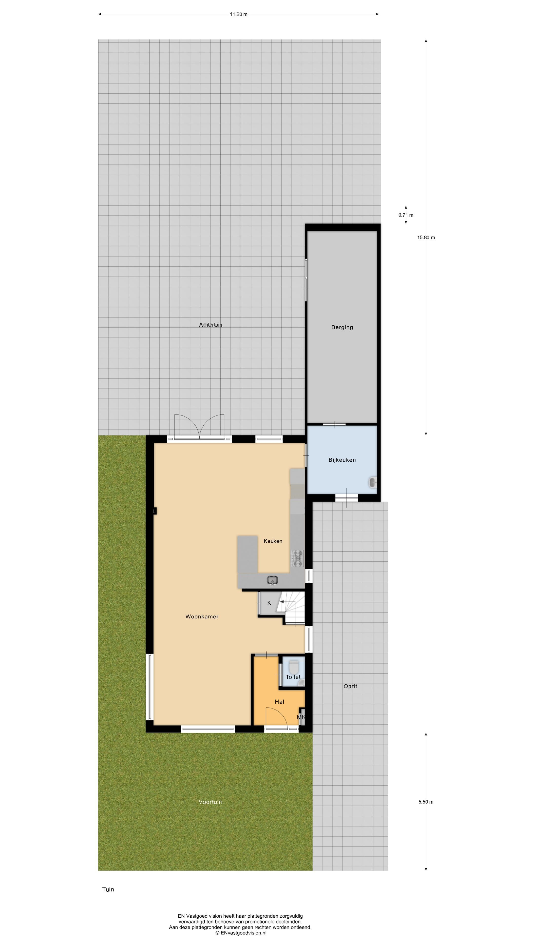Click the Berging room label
(342, 327)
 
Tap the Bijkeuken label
(342, 460)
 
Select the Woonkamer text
(202, 616)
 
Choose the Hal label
(279, 702)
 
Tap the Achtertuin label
(210, 325)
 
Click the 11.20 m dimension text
(238, 14)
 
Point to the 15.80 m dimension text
(426, 237)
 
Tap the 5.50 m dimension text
(426, 802)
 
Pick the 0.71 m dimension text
(406, 215)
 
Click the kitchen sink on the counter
(272, 580)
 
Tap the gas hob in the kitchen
(297, 558)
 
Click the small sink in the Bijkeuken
(372, 482)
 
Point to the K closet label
(269, 603)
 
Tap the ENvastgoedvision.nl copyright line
(241, 933)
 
